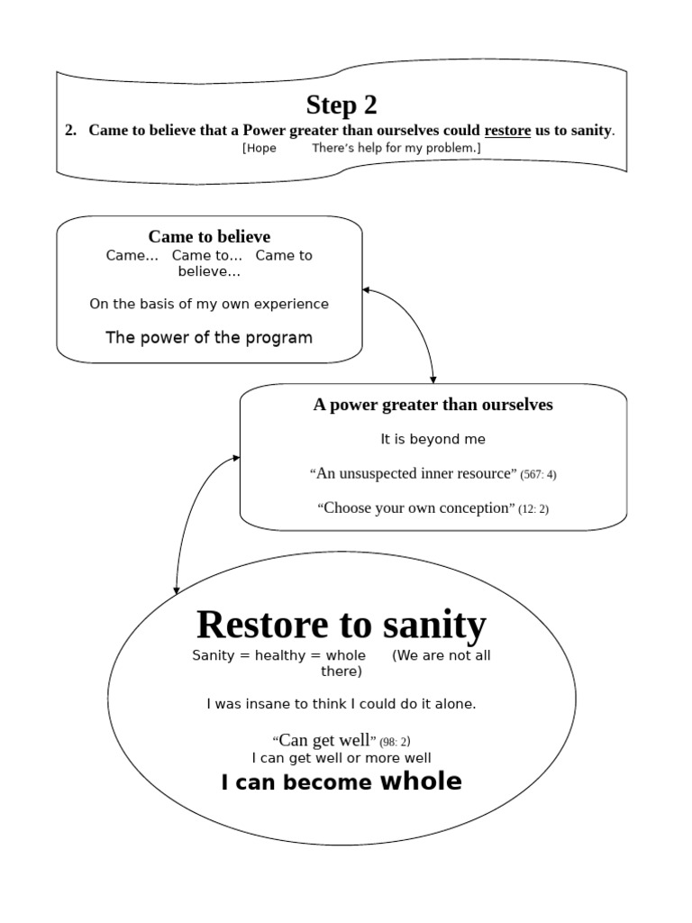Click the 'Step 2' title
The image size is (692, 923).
coord(341,105)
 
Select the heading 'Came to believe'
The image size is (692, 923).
coord(209,237)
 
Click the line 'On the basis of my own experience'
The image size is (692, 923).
coord(209,304)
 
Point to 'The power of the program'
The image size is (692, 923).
coord(209,338)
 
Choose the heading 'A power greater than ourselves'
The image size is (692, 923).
coord(432,405)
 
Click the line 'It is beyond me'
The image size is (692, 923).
coord(432,439)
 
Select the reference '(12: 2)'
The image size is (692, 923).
coord(533,509)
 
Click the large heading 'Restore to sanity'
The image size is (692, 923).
coord(341,624)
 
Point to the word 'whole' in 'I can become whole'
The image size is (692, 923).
coord(421,781)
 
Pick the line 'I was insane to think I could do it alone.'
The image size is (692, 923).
coord(341,704)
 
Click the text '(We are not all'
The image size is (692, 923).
coord(441,655)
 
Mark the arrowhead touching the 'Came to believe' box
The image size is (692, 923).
coord(367,290)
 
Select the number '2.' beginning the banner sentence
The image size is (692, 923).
coord(71,131)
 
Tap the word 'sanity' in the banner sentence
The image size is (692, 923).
coord(591,131)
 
